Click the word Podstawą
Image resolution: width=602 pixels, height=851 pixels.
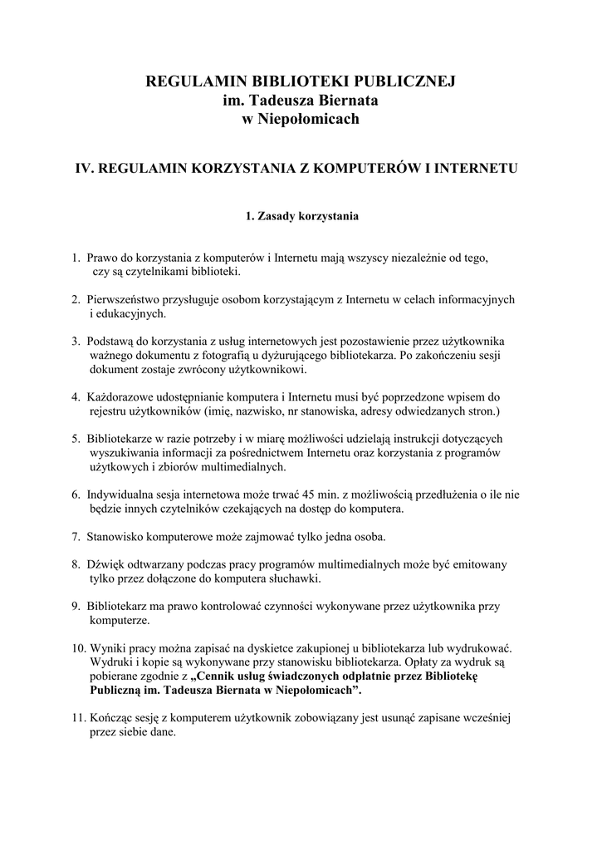pyautogui.click(x=111, y=342)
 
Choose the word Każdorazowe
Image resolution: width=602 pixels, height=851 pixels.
pyautogui.click(x=122, y=398)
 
